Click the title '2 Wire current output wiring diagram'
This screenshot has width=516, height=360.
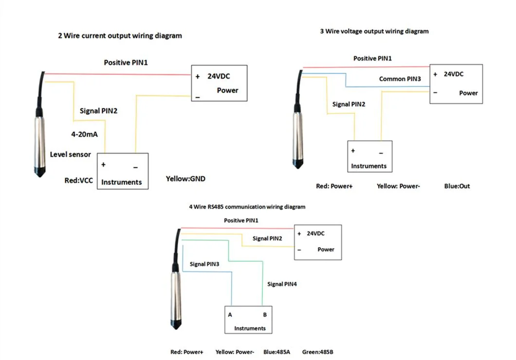pyautogui.click(x=120, y=36)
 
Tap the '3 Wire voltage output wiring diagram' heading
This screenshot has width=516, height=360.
pyautogui.click(x=374, y=31)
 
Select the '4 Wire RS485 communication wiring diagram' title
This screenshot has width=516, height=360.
pyautogui.click(x=247, y=207)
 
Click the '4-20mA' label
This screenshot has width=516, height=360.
pyautogui.click(x=85, y=134)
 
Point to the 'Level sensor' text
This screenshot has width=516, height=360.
pyautogui.click(x=71, y=154)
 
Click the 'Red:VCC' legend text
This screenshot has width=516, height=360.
pyautogui.click(x=79, y=180)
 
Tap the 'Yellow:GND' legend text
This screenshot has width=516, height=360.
pyautogui.click(x=185, y=179)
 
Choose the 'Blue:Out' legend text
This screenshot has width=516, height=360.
pyautogui.click(x=457, y=186)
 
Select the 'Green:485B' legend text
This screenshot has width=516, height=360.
pyautogui.click(x=317, y=352)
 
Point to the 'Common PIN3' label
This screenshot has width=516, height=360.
pyautogui.click(x=400, y=78)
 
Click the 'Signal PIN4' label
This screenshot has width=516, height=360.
pyautogui.click(x=282, y=284)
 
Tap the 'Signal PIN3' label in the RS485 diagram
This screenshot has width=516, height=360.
pyautogui.click(x=204, y=264)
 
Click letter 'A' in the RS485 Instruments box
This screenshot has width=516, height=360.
pyautogui.click(x=230, y=315)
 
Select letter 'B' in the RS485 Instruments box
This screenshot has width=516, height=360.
pyautogui.click(x=265, y=315)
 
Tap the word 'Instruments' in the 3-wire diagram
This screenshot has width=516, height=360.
pyautogui.click(x=369, y=166)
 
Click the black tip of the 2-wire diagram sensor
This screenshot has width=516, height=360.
pyautogui.click(x=41, y=172)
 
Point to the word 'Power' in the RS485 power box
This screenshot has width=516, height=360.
pyautogui.click(x=326, y=249)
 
